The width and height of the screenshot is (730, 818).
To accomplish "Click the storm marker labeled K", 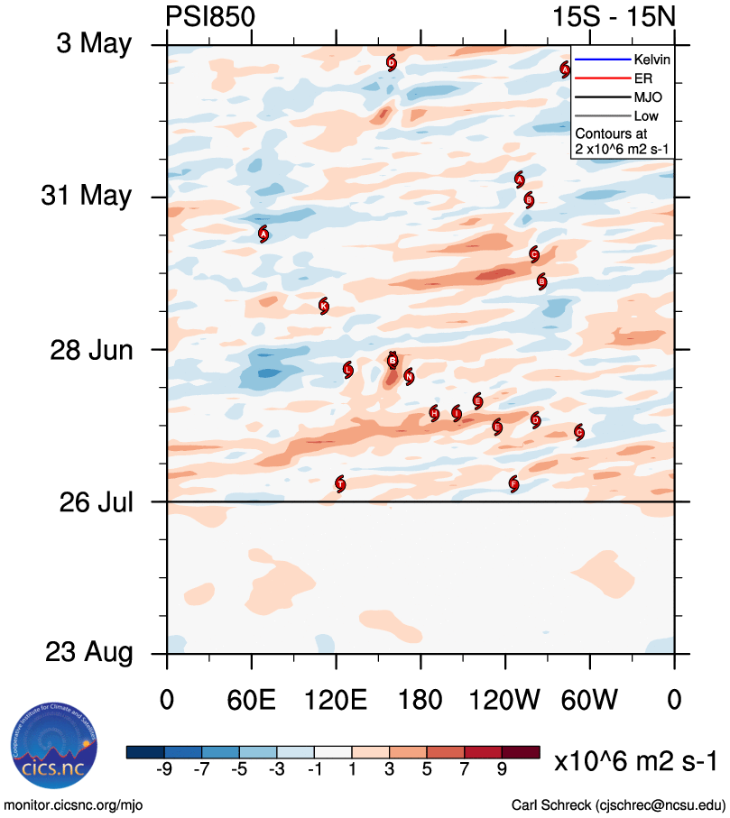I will (x=324, y=307).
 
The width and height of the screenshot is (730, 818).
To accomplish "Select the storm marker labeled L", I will (x=348, y=370).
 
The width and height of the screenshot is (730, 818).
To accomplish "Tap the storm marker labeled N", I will (x=409, y=376).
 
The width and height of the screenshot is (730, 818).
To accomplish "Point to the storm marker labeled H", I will (x=434, y=413).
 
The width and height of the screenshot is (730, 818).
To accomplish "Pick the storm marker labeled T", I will (x=340, y=483).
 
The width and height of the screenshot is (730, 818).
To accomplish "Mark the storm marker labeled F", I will (x=513, y=483).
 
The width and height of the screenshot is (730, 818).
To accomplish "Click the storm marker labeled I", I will (x=457, y=413).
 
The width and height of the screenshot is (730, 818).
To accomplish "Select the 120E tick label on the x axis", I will (x=336, y=699).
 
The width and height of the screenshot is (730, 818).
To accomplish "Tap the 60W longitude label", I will (x=590, y=699).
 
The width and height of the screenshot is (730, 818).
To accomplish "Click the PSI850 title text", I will (x=210, y=18).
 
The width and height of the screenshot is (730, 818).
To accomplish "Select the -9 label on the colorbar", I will (x=164, y=769).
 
